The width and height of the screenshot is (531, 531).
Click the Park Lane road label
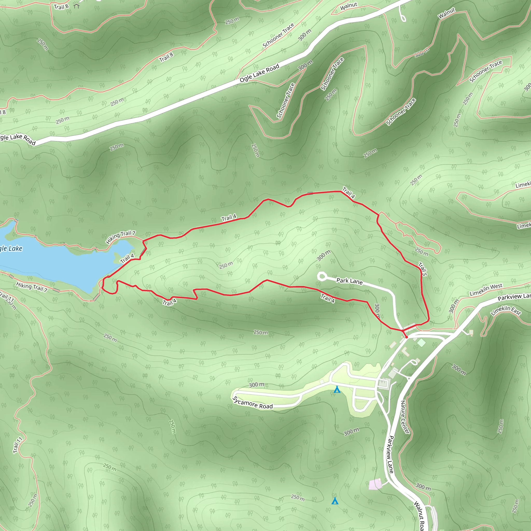(349, 281)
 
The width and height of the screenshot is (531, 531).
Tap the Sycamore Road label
(252, 403)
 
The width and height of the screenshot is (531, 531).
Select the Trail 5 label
(423, 269)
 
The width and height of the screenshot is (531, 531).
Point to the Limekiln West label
(486, 290)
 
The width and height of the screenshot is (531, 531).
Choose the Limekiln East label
(506, 311)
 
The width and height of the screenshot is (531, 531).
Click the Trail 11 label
(18, 445)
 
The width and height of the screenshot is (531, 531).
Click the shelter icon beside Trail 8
(76, 5)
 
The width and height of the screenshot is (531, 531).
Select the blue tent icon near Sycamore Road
(337, 389)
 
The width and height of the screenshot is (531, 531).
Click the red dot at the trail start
(407, 337)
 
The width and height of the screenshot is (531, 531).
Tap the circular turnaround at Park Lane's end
(322, 276)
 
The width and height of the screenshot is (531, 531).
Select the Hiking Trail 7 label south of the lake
(32, 287)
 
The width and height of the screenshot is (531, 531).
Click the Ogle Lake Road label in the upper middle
(259, 73)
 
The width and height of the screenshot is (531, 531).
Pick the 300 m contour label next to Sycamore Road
(256, 385)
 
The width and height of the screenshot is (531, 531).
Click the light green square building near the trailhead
(421, 343)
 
